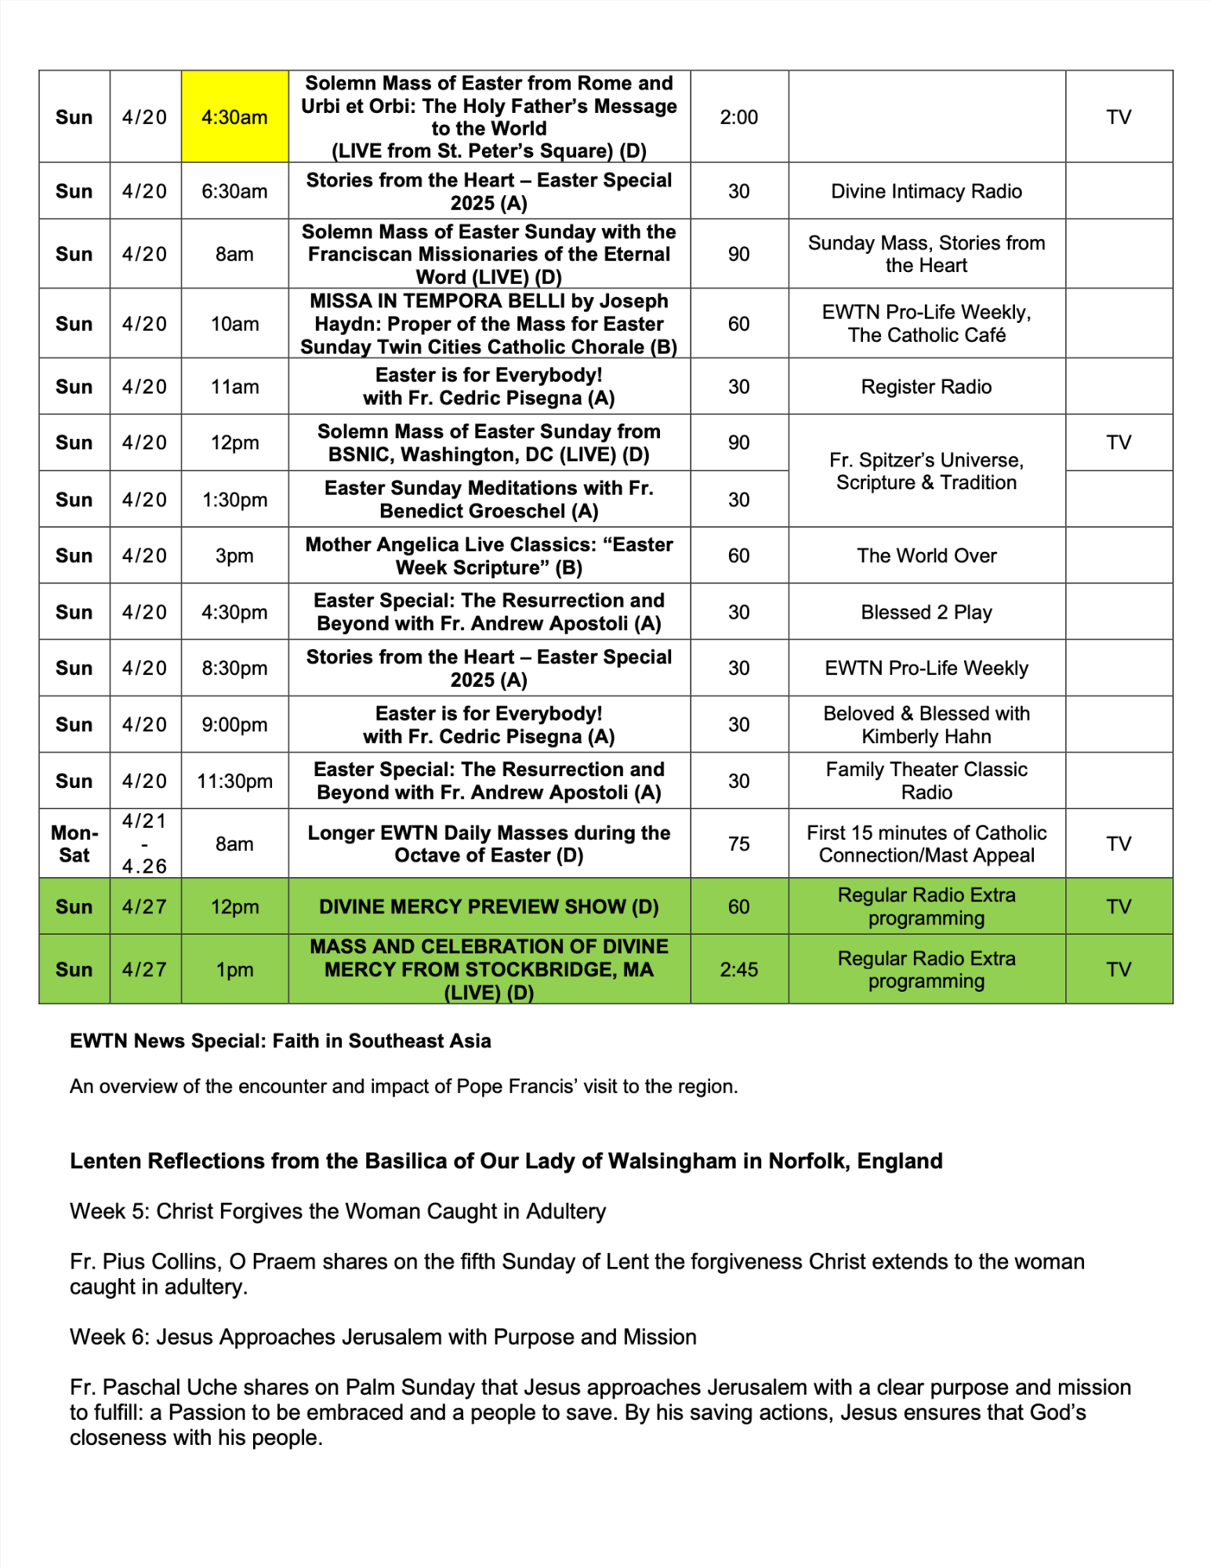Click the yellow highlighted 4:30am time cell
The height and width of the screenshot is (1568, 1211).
coord(234,117)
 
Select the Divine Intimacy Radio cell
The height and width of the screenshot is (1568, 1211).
coord(926,191)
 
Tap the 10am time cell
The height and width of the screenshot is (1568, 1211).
coord(234,324)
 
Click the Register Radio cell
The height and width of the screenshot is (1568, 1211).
coord(926,387)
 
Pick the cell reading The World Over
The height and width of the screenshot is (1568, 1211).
coord(926,556)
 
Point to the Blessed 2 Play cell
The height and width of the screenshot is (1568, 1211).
coord(926,612)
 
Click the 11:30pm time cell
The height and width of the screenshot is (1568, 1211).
coord(234,781)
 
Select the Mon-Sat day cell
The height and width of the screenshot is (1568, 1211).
coord(74,844)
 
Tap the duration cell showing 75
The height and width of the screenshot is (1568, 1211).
coord(738,844)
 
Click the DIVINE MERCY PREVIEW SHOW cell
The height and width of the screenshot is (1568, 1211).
coord(488,906)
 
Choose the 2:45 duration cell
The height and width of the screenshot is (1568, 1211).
coord(738,970)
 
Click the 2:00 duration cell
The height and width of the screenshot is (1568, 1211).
coord(738,117)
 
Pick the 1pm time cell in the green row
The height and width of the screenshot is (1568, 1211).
coord(234,970)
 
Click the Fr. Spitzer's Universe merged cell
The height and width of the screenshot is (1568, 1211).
coord(926,471)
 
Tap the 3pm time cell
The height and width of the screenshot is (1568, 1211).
coord(234,556)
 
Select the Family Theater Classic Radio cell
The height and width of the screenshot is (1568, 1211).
coord(926,781)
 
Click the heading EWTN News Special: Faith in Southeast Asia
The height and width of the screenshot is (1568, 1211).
coord(280,1041)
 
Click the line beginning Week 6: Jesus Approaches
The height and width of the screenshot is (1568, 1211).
coord(383,1337)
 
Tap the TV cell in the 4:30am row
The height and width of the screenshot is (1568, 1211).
coord(1119,117)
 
